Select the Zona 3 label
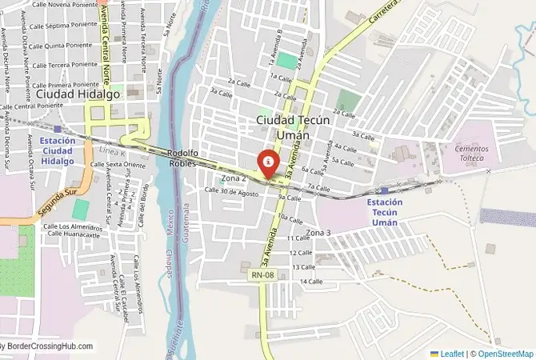(x=318, y=232)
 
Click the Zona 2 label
(x=234, y=178)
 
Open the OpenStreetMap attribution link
(x=502, y=353)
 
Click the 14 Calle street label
(x=310, y=282)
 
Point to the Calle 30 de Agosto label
(x=230, y=191)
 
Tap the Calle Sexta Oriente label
(x=118, y=164)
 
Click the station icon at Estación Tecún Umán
(x=385, y=190)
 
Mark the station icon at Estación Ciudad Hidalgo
(x=58, y=129)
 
